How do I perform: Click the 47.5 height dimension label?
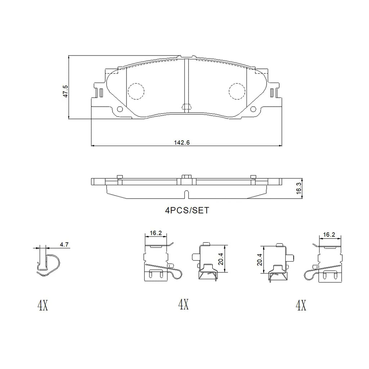point(66,91)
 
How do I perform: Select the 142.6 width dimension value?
point(182,142)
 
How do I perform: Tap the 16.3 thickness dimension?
point(299,188)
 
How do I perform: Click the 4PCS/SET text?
point(187,210)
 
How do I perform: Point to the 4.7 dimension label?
point(64,245)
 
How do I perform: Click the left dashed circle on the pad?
point(136,91)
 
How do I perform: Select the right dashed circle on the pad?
point(237,91)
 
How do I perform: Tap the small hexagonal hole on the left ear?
point(120,109)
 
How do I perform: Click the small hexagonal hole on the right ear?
point(253,109)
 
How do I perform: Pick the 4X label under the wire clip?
point(43,305)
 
